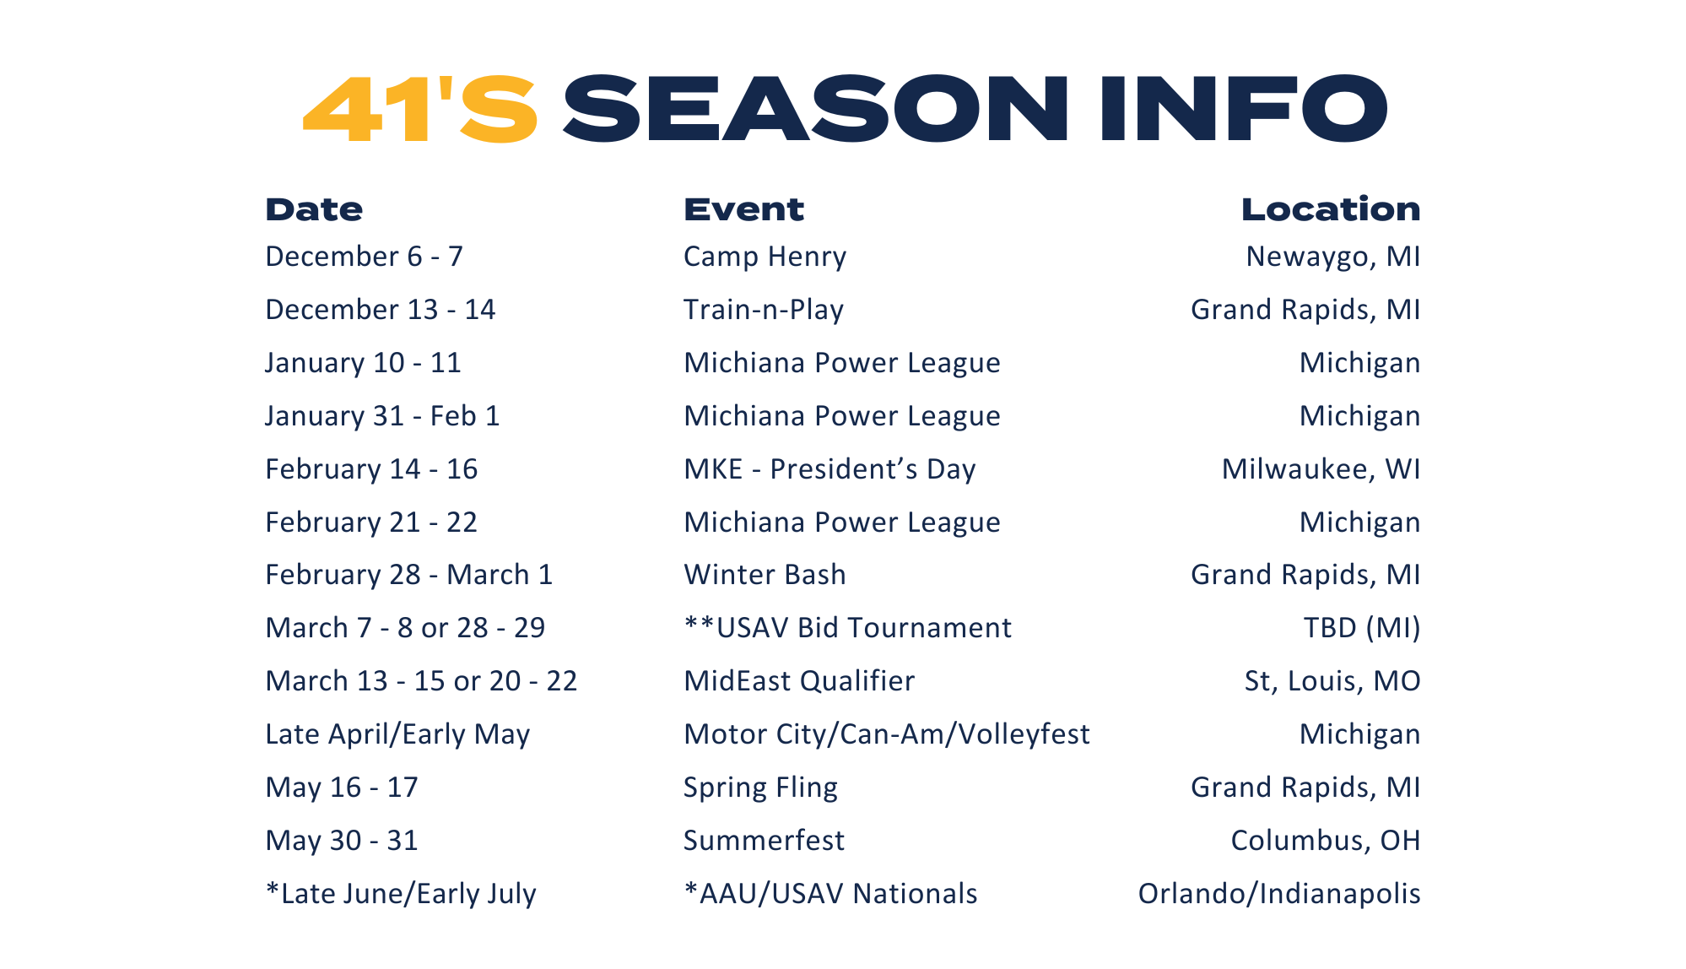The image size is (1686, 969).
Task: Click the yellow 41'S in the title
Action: click(x=420, y=109)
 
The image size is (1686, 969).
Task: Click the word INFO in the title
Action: click(x=1244, y=109)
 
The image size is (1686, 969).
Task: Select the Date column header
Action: click(x=314, y=209)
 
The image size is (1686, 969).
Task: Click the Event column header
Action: click(x=743, y=209)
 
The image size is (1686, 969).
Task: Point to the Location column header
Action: click(x=1331, y=209)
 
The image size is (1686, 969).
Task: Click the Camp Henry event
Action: click(x=765, y=257)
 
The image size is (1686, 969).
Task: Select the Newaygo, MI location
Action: click(x=1333, y=257)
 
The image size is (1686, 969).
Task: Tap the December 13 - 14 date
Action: click(x=381, y=310)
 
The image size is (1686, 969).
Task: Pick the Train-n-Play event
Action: click(x=764, y=310)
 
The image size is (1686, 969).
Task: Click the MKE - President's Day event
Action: click(x=829, y=469)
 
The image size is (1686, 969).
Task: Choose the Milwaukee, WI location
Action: click(x=1321, y=469)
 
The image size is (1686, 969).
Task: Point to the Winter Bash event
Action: click(x=765, y=575)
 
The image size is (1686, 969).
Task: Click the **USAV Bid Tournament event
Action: click(x=848, y=628)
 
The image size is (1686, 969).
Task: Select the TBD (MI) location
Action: click(x=1362, y=628)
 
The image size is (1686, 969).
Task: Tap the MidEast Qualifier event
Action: click(x=799, y=681)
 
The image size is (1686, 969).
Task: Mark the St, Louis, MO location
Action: click(x=1332, y=681)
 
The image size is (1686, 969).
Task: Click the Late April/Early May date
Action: click(x=397, y=734)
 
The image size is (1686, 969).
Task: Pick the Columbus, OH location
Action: click(x=1326, y=841)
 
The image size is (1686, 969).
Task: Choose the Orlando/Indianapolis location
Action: click(x=1279, y=894)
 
